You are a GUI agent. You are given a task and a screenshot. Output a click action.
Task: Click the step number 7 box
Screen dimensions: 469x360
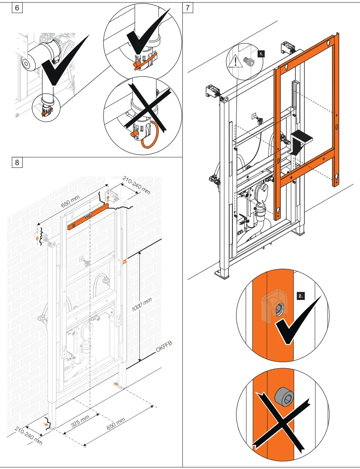click(188, 8)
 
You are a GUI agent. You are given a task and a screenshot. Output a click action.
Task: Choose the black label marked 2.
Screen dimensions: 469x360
click(301, 297)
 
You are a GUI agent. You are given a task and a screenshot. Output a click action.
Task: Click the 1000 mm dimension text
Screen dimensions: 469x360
click(142, 305)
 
